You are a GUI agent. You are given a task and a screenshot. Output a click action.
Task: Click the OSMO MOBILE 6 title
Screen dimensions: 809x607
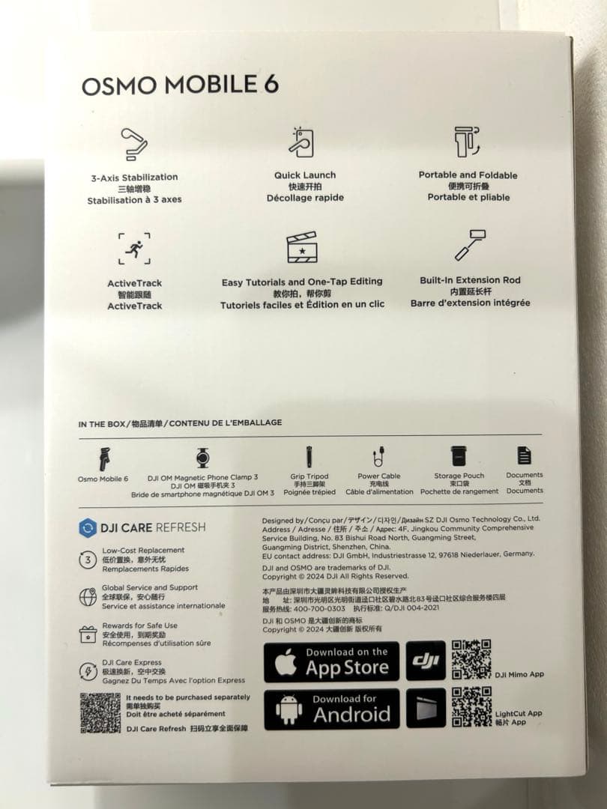click(x=180, y=85)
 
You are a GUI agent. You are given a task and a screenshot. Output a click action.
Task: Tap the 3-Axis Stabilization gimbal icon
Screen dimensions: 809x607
click(x=134, y=144)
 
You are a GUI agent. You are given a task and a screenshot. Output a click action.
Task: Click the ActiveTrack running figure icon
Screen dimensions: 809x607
click(x=134, y=249)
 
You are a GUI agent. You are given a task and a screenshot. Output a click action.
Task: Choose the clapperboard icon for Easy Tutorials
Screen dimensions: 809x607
click(x=302, y=248)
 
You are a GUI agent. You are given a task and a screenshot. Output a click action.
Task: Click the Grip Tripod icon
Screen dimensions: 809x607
click(x=309, y=456)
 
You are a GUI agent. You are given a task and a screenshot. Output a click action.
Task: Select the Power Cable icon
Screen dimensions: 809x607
click(x=379, y=456)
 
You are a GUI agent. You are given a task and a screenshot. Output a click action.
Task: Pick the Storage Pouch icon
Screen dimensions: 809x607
click(x=459, y=456)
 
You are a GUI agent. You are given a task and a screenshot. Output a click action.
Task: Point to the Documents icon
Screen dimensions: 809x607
click(x=525, y=455)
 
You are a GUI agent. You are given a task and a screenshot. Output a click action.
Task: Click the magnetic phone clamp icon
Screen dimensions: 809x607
click(x=202, y=457)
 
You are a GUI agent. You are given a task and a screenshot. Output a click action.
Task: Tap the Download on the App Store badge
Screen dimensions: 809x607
click(x=331, y=661)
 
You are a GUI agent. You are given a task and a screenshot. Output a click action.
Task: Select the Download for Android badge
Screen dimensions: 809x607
click(x=331, y=709)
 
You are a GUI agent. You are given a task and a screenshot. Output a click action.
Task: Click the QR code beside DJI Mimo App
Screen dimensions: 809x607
click(x=471, y=659)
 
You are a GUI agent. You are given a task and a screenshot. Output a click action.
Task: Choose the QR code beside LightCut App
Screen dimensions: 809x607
click(x=471, y=706)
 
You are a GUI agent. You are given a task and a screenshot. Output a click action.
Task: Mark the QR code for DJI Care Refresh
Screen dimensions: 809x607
click(x=100, y=712)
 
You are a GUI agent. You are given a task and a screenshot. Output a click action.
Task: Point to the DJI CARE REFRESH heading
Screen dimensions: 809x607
click(x=142, y=527)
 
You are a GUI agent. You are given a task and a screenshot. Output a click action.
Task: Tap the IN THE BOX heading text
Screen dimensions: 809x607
click(x=102, y=424)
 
